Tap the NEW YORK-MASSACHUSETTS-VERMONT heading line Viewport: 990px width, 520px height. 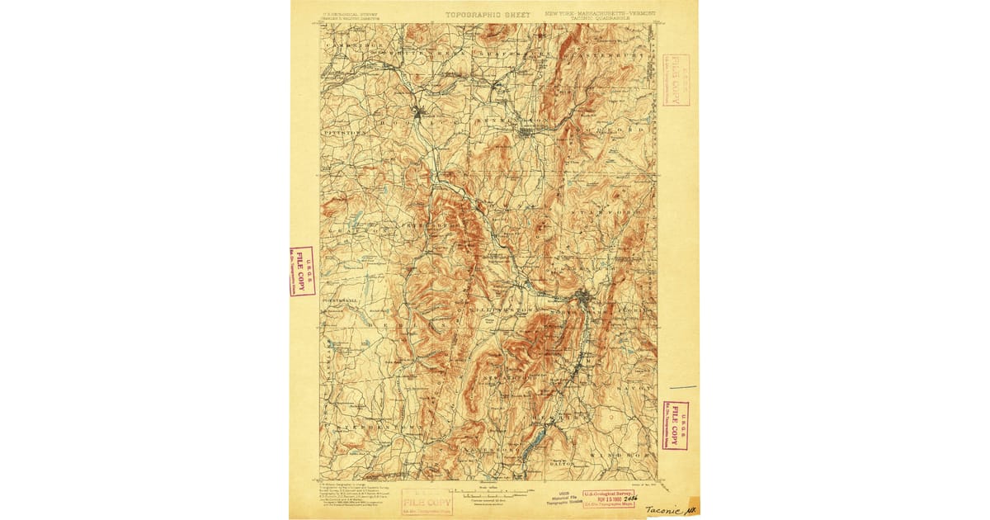(x=596, y=13)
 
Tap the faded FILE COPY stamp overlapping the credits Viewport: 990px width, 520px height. (x=427, y=501)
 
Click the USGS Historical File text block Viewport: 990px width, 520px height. (x=563, y=499)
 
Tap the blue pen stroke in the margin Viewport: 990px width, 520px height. (x=682, y=386)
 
